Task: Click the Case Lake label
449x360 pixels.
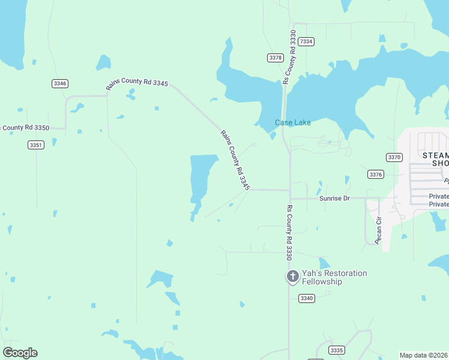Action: click(x=293, y=122)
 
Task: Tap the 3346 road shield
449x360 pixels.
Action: click(x=59, y=83)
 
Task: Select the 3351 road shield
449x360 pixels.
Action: click(x=36, y=145)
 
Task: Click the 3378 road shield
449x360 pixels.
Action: click(x=276, y=58)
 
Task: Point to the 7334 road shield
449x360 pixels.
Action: click(x=306, y=41)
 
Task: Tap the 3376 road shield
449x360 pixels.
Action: click(x=376, y=174)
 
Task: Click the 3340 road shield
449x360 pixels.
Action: click(x=307, y=298)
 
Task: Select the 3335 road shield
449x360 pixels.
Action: click(x=337, y=350)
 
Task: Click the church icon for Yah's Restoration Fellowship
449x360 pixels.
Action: click(x=292, y=277)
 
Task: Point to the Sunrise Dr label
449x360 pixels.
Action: click(x=334, y=198)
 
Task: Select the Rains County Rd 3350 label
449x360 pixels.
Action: click(x=24, y=127)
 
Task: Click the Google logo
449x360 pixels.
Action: click(x=20, y=353)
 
